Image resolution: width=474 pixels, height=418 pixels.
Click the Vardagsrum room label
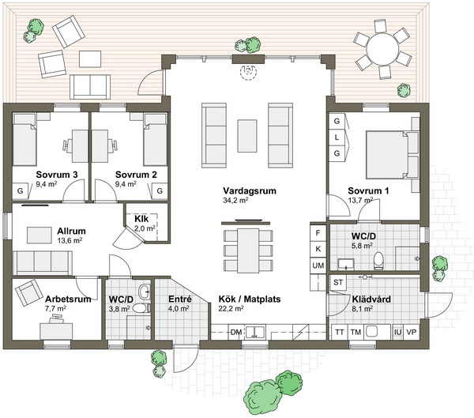click(250, 191)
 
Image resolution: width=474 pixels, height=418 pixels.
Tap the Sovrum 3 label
click(57, 175)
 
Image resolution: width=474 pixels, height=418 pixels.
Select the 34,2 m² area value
click(235, 200)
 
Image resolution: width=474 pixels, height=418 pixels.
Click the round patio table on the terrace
click(382, 48)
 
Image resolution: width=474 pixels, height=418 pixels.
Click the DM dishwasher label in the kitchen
click(236, 333)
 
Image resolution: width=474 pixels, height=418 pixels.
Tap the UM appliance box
click(318, 265)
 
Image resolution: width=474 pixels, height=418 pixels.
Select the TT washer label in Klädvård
click(340, 332)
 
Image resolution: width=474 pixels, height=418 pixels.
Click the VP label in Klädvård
click(411, 332)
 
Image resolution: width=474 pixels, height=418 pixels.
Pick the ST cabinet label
click(338, 282)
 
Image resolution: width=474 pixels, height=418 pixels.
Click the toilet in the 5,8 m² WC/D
click(378, 261)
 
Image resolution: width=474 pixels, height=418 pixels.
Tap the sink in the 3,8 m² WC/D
click(145, 292)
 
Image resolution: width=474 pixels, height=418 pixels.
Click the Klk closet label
click(141, 219)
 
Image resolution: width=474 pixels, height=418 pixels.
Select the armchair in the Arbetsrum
click(29, 292)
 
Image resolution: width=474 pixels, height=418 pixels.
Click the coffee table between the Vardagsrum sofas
click(247, 136)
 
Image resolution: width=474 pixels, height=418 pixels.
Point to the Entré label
click(180, 299)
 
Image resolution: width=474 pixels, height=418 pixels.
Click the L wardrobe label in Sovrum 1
click(337, 137)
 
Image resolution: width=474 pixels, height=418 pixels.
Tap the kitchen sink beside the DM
click(256, 332)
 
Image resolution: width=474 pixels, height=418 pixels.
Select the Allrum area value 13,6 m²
click(70, 241)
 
